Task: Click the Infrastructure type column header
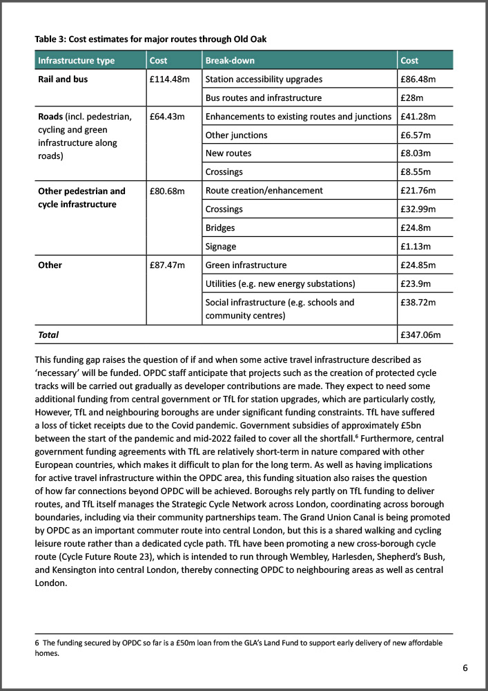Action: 76,61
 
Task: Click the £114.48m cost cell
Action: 169,79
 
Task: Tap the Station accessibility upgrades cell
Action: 264,79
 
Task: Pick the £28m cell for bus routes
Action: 412,98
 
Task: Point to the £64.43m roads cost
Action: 167,116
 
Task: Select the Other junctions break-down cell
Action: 236,135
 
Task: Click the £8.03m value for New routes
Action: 416,153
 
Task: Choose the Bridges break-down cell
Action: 220,227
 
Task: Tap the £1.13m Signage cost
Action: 416,246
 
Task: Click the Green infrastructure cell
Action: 246,265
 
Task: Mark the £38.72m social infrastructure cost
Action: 418,303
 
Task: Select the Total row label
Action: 48,334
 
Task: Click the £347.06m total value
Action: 420,334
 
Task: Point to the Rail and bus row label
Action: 63,79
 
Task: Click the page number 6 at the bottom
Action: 465,668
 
